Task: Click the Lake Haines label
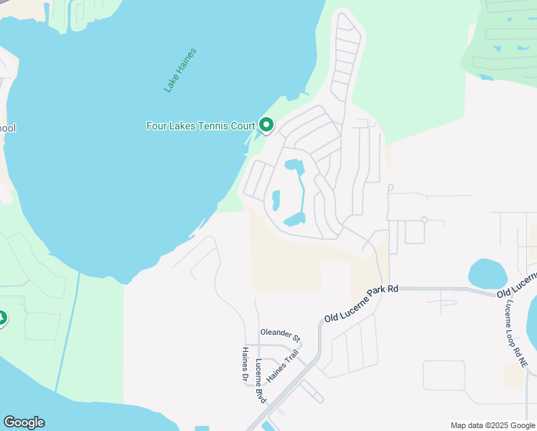[180, 70]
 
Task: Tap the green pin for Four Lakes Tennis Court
[266, 126]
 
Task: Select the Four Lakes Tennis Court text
[200, 126]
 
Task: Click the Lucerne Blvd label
[260, 380]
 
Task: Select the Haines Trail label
[281, 366]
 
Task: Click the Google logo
[24, 422]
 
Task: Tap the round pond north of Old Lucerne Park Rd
[487, 274]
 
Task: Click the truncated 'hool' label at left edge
[7, 128]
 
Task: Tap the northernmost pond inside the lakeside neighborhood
[294, 165]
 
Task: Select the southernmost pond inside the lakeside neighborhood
[295, 218]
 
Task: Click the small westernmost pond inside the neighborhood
[276, 199]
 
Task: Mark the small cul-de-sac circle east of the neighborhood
[424, 220]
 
